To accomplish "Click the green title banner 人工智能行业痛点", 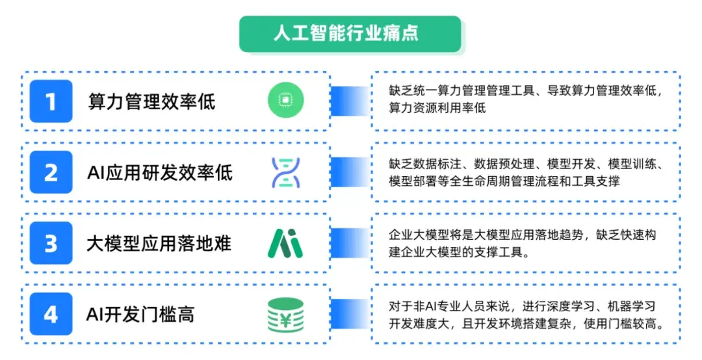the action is coord(350,34).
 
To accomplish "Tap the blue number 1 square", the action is coord(51,101).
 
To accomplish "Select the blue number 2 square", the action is coord(51,172).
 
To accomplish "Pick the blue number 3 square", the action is coord(51,243).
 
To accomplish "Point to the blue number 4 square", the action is coord(51,314).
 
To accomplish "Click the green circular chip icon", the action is coord(285,100).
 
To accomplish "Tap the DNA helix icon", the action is coord(286,172).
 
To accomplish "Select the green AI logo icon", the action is coord(285,243).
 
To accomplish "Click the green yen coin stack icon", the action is coord(285,315).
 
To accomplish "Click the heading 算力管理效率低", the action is coord(151,101).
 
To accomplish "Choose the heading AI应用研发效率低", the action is coord(160,172).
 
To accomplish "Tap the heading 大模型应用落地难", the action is coord(159,244).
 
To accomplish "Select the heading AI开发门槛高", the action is coord(140,315).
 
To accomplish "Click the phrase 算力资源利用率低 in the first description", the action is coord(437,108).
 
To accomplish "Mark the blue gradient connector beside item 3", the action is coord(350,243).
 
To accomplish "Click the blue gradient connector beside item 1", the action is coord(350,101).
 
